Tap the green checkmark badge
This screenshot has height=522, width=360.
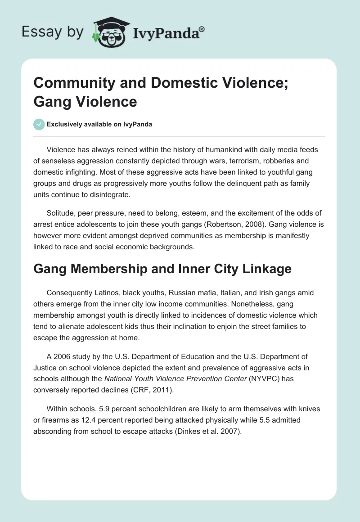click(x=39, y=124)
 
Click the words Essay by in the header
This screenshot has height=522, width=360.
click(x=52, y=31)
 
